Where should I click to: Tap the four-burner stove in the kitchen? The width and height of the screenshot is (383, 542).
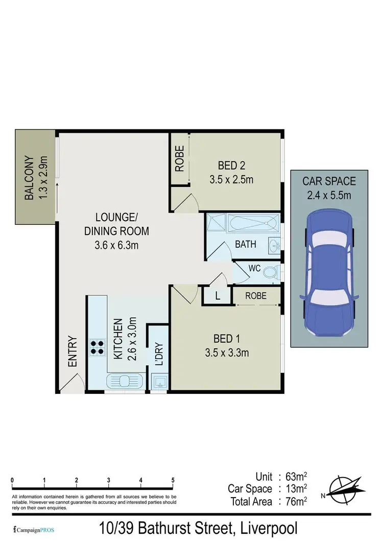pos(98,347)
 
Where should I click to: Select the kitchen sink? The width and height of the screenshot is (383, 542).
pos(125,381)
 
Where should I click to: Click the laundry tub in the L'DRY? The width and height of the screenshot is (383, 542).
pos(159,381)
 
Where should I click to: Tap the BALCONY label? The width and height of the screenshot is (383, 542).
pos(30,178)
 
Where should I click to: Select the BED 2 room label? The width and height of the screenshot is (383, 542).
pos(232,166)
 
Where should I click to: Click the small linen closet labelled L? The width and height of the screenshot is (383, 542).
pos(218,296)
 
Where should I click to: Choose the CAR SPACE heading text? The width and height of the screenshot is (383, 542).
pos(329,181)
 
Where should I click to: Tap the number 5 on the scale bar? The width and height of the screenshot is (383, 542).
pos(173,480)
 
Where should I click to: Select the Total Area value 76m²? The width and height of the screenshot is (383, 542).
pos(296,501)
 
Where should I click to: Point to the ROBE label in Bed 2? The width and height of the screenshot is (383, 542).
pos(179,158)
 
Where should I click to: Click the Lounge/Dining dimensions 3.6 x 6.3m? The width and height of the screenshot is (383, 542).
pos(116,246)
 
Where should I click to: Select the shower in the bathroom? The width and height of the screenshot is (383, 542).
pos(217,223)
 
